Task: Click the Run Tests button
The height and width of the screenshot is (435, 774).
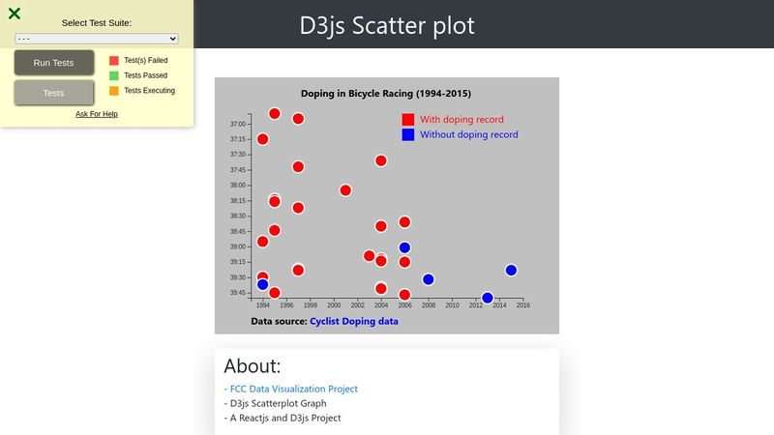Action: coord(54,63)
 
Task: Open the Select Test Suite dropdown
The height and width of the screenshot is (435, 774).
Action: coord(96,39)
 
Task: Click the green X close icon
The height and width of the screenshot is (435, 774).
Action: coord(15,14)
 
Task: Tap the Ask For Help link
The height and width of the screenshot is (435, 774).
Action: coord(96,114)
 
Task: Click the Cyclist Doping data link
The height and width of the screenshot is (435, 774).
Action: coord(354,321)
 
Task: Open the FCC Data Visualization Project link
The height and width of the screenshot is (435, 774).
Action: coord(294,389)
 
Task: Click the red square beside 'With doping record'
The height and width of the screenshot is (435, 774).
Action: coord(407,119)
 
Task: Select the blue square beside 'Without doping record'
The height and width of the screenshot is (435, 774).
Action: coord(407,134)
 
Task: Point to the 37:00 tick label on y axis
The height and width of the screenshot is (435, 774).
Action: coord(237,124)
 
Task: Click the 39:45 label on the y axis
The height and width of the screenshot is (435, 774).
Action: coord(237,293)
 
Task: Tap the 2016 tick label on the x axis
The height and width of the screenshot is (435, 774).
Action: coord(523,305)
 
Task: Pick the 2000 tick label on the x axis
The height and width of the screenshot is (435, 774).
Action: coord(334,305)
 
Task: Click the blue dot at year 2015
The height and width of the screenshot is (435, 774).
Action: coord(511,271)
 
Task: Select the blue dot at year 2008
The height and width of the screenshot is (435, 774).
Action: coord(428,279)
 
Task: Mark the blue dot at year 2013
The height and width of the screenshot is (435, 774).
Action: coord(488,298)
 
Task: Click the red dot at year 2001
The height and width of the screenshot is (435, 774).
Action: coord(345,190)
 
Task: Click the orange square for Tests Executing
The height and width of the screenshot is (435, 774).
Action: coord(114,91)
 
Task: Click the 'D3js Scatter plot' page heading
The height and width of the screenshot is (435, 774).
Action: coord(387,26)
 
